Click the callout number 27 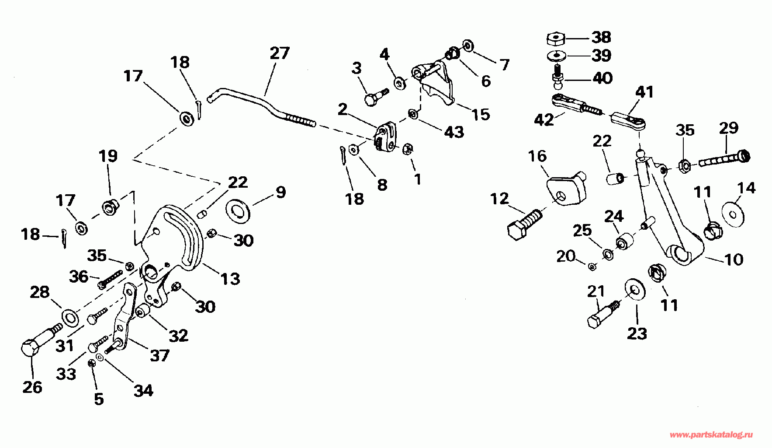tap(280, 53)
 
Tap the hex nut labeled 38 tap(555, 38)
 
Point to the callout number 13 tap(230, 279)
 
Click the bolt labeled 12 tap(524, 223)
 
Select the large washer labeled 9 tap(238, 210)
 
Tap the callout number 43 tap(454, 132)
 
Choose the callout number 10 tap(734, 259)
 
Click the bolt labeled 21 tap(603, 315)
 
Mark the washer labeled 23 tap(634, 289)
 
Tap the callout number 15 tap(481, 115)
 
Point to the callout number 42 tap(544, 120)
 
